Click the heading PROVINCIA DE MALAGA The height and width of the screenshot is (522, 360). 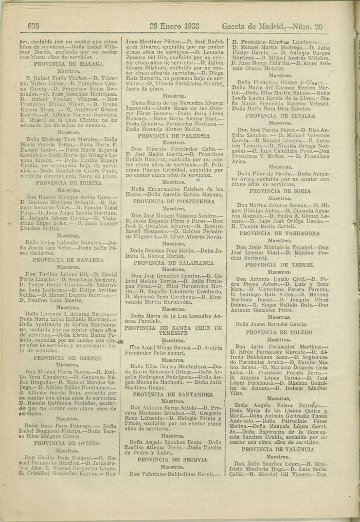(71, 64)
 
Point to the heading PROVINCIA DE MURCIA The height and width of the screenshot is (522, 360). (71, 182)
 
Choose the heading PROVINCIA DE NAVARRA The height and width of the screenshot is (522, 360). (71, 260)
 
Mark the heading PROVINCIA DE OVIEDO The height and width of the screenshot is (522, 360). (70, 443)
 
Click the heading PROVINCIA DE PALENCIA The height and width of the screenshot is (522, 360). (174, 135)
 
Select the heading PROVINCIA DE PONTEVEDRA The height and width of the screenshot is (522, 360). (174, 201)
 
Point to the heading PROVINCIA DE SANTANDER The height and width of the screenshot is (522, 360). (174, 394)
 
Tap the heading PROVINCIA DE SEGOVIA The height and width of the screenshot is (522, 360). (174, 460)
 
